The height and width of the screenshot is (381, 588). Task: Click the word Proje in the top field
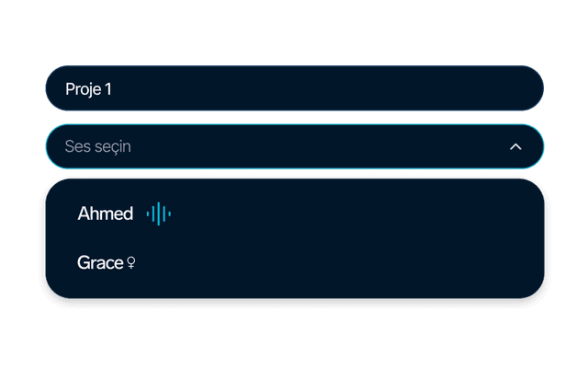(84, 89)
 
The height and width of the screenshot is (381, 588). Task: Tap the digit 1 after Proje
(108, 89)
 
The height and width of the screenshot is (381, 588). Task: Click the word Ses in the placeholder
(77, 146)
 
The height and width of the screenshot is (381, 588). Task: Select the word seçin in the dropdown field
(112, 147)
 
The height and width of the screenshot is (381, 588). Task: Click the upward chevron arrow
(515, 146)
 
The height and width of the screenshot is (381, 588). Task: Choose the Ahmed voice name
(106, 214)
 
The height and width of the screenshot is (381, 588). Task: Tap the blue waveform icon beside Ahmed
(159, 214)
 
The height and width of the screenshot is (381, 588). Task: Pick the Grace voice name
(100, 262)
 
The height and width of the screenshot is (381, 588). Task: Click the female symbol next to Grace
(130, 262)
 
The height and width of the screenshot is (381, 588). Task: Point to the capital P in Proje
(70, 89)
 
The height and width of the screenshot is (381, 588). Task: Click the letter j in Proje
(90, 90)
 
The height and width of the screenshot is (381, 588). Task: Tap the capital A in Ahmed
(85, 214)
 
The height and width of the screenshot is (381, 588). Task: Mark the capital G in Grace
(84, 262)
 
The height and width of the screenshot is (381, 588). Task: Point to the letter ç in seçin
(112, 148)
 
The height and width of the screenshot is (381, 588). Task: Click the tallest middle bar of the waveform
(159, 214)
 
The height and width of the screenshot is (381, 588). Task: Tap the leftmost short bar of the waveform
(148, 214)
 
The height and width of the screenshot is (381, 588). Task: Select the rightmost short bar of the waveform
(169, 214)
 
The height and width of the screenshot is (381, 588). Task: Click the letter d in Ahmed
(127, 214)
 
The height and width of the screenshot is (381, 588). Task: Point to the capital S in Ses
(70, 146)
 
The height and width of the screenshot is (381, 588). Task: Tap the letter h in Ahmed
(96, 214)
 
